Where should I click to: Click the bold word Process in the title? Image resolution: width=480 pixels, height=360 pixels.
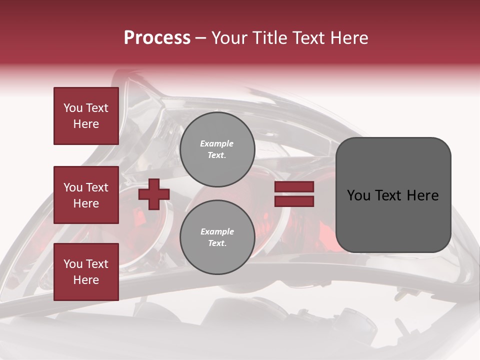coord(157,38)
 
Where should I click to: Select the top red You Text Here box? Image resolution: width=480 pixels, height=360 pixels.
coord(86,116)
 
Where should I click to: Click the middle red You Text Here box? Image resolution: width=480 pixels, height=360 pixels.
coord(86,195)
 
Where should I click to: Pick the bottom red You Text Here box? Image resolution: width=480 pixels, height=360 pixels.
coord(86,272)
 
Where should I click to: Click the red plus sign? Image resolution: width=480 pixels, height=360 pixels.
coord(154,194)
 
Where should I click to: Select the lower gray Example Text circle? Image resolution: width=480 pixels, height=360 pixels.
coord(217,237)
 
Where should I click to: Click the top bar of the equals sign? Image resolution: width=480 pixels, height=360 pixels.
coord(294,187)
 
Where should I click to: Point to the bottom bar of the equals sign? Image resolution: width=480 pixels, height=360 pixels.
coord(294,201)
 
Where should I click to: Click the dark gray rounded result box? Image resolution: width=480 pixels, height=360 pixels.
coord(393,220)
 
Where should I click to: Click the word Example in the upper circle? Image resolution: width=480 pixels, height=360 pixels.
coord(217,144)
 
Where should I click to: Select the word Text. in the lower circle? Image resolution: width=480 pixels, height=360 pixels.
coord(217,243)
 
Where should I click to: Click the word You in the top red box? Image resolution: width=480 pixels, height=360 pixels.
coord(72,108)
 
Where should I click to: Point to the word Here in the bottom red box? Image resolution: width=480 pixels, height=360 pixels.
coord(86,280)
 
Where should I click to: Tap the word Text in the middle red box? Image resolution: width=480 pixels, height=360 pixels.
coord(96,187)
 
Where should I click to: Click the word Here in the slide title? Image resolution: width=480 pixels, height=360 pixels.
coord(349,38)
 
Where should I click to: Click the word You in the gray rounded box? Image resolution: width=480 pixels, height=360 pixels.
coord(358,195)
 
